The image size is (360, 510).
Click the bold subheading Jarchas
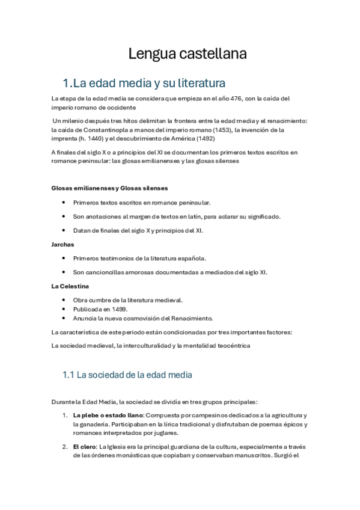point(63,244)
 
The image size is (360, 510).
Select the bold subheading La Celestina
point(70,286)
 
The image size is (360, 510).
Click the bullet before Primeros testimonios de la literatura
point(64,258)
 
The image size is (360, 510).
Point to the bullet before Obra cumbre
point(64,300)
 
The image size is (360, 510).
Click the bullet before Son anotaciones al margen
point(64,217)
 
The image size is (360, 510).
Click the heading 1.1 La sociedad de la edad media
point(127,375)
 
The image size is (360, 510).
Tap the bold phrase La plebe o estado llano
point(108,416)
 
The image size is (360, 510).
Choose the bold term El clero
point(84,446)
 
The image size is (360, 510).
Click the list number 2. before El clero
point(65,446)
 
